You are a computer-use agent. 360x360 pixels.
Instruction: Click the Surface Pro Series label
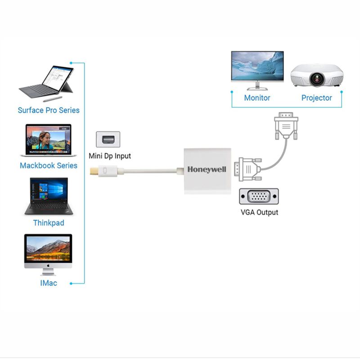pos(49,110)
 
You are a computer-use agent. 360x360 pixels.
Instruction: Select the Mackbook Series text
pos(49,166)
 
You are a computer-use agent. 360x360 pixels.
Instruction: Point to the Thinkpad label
pos(49,223)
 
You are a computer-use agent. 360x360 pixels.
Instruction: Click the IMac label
pos(48,283)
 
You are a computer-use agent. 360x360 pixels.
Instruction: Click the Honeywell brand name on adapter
pos(207,170)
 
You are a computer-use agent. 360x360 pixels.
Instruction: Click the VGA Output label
pos(259,212)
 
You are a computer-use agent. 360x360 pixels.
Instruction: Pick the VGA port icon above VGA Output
pos(259,197)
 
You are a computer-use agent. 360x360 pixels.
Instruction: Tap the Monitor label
pos(257,98)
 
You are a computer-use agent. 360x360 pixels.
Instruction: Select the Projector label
pos(317,98)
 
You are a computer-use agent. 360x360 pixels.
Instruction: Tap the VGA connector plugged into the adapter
pos(249,170)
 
